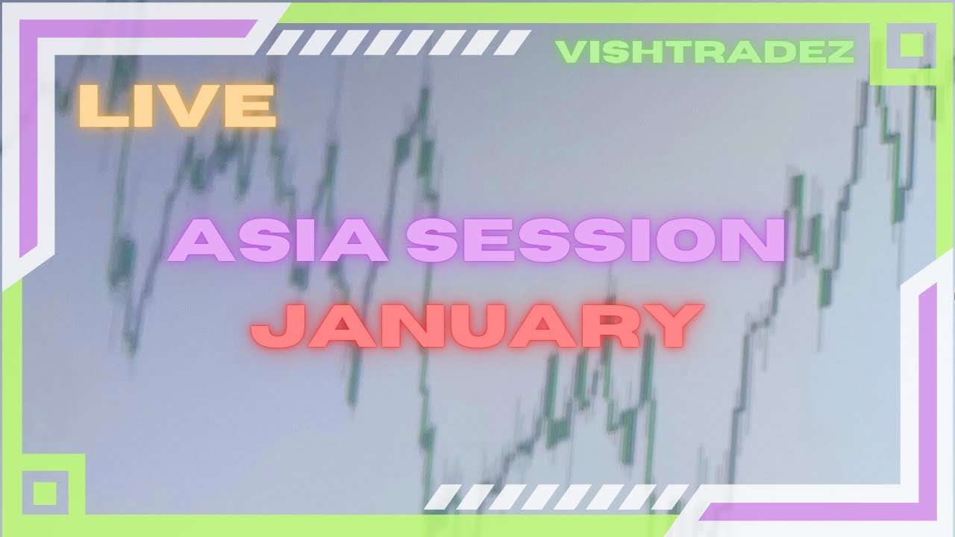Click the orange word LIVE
click(x=178, y=105)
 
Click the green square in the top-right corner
click(x=911, y=46)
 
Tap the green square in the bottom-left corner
click(x=46, y=493)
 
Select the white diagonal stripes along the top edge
click(x=398, y=43)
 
